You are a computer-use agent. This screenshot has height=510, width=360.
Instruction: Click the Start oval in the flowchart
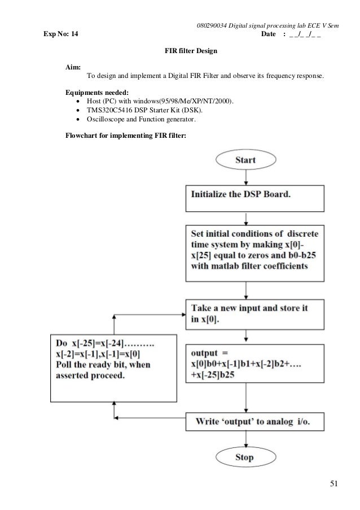(x=245, y=160)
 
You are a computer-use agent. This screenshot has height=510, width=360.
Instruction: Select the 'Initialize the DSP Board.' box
(x=254, y=198)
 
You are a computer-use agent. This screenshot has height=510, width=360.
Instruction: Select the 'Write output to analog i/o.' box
(x=254, y=421)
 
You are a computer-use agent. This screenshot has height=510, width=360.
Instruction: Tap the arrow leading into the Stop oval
(x=245, y=438)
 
